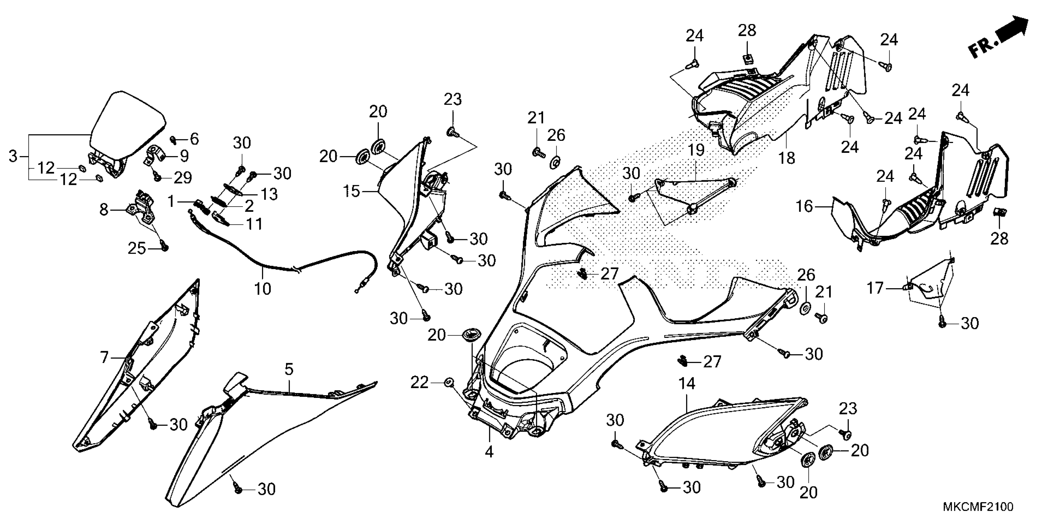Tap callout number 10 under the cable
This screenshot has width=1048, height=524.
[x=262, y=289]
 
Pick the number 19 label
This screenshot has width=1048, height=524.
[x=696, y=150]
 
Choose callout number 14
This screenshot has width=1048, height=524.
[x=687, y=384]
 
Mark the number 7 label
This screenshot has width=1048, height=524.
[x=104, y=358]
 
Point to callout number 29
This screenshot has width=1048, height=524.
[x=183, y=178]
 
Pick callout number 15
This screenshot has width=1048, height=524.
[x=351, y=191]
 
